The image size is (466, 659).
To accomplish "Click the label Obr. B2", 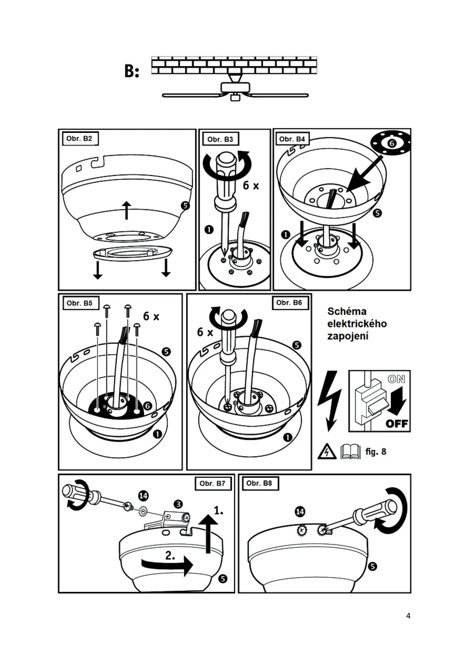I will tap(79, 139).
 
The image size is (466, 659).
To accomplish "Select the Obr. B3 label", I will tap(220, 139).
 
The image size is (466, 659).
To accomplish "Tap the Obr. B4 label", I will tap(292, 139).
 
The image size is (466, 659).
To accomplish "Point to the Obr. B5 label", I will tap(80, 303).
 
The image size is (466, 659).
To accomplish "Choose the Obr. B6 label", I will tap(289, 303).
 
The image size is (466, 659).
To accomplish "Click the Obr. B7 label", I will tap(212, 484).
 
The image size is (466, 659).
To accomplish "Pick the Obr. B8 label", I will tap(259, 483).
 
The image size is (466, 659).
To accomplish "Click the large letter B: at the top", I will tap(132, 71).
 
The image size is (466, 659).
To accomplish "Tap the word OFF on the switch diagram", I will tap(397, 424).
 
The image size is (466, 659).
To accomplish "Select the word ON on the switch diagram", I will tap(396, 379).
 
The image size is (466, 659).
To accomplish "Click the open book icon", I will tap(350, 452).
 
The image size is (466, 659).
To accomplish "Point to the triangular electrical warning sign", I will tap(327, 452).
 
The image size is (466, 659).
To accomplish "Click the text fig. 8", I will tap(376, 452).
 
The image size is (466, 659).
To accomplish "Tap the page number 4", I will tap(408, 616).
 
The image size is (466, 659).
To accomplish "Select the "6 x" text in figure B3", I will tap(251, 185).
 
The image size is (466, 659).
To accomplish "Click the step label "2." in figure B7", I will tap(170, 555).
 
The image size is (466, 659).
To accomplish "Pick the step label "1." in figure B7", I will tap(218, 510).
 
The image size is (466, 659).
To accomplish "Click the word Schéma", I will tap(347, 311).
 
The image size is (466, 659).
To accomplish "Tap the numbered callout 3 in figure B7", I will tap(178, 504).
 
